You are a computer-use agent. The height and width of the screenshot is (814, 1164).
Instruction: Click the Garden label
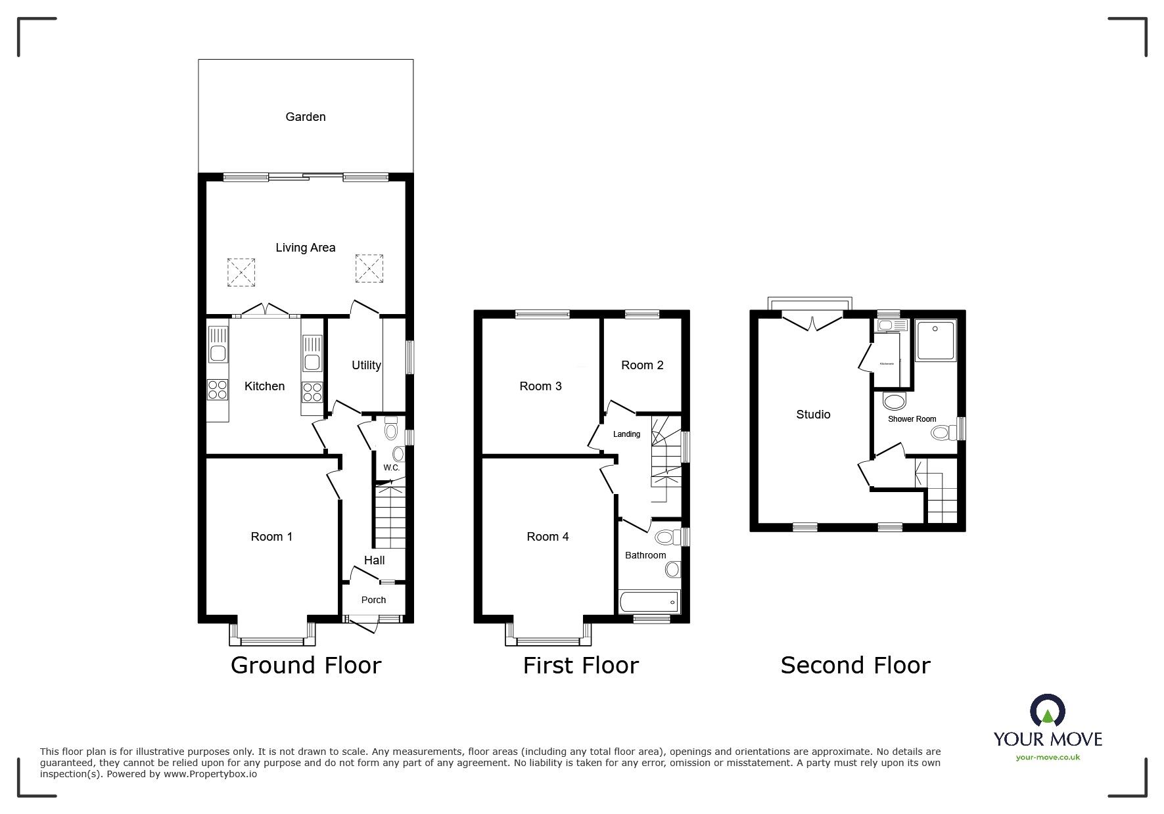pos(305,117)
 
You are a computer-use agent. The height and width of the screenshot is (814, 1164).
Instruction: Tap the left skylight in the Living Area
pos(241,271)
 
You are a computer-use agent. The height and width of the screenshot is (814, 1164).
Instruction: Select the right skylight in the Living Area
pos(369,269)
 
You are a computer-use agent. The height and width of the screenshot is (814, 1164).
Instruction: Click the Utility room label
pos(366,365)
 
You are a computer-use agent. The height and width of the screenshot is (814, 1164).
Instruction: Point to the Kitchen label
pos(264,386)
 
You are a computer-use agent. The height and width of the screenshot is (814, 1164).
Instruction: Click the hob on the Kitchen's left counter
pos(218,390)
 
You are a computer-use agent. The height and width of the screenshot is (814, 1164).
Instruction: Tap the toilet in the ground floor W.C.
pos(392,430)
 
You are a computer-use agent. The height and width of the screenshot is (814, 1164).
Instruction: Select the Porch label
pos(373,600)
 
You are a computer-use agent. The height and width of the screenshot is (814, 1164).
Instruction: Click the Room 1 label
pos(271,537)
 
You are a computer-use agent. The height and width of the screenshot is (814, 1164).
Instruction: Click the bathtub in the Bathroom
pos(649,601)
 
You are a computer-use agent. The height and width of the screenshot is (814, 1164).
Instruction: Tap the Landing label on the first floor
pos(626,434)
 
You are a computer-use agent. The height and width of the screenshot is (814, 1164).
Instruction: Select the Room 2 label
pos(642,365)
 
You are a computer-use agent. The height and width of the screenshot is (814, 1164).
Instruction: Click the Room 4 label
pos(547,537)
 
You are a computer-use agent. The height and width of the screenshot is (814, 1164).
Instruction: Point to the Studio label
pos(813,415)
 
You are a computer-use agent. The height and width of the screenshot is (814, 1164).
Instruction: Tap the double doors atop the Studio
pos(812,323)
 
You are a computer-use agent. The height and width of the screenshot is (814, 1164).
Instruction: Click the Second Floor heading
pos(855,666)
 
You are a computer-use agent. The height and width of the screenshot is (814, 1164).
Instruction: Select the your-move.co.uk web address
pos(1048,757)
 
